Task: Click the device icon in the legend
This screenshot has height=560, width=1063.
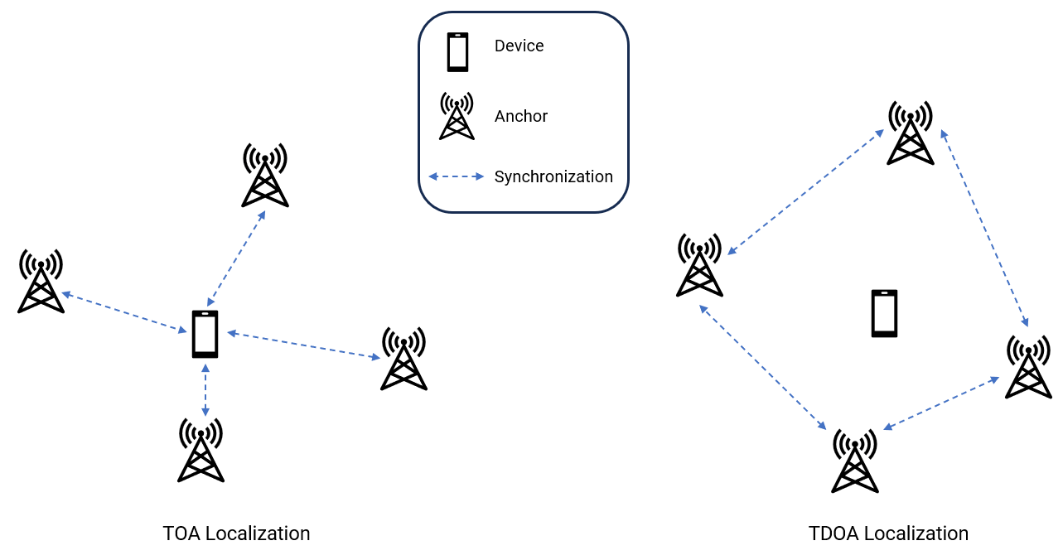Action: coord(457,52)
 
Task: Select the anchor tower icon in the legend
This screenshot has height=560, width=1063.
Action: coord(457,117)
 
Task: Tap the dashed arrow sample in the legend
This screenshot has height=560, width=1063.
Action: coord(456,176)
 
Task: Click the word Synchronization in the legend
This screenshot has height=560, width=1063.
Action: coord(553,176)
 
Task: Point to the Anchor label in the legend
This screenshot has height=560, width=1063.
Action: coord(521,117)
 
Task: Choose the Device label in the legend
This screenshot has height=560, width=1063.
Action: coord(519,46)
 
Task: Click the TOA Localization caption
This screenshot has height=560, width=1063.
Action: coord(236,533)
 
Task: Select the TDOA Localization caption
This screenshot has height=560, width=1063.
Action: coord(888,533)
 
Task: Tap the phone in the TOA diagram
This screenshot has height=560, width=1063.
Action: coord(205,334)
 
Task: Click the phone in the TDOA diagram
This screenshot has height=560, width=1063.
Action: coord(884,313)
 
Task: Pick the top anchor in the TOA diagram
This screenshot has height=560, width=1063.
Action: coord(265,176)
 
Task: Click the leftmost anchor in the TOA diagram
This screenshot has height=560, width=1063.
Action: coord(41,282)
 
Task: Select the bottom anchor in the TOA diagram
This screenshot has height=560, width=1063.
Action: coord(201,451)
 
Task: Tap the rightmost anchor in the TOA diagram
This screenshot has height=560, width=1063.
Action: coord(403,359)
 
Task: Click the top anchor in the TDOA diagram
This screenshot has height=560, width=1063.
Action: coord(911,133)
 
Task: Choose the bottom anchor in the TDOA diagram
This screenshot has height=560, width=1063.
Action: coord(855,461)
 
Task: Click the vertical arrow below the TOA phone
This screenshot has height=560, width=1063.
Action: coord(205,389)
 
